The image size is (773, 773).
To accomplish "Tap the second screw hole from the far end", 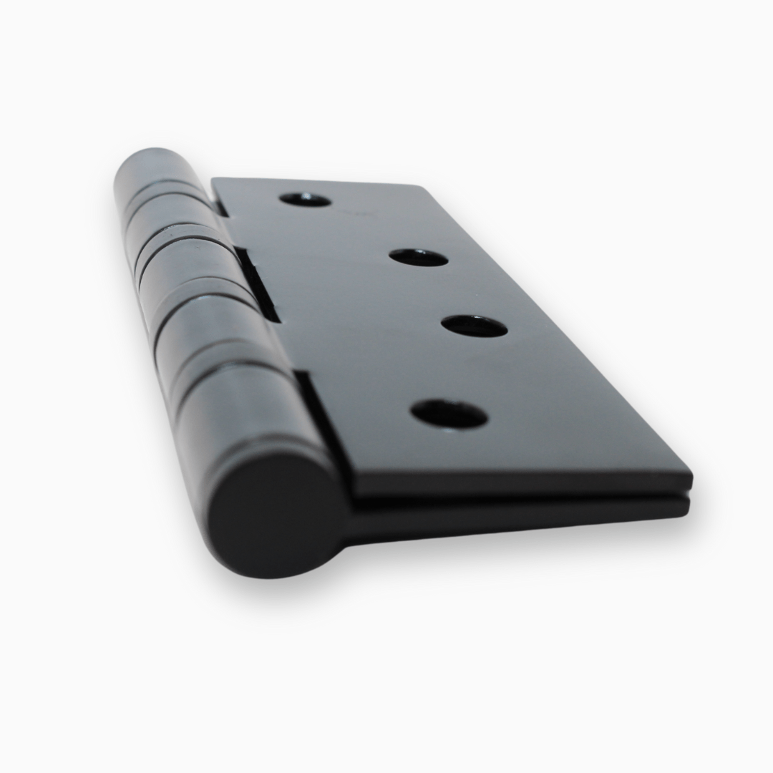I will pos(419,258).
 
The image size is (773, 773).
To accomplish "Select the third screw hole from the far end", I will pos(474,326).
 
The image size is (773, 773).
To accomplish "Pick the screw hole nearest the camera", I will pos(449,414).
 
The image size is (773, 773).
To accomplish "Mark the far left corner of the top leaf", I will pos(214,180).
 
